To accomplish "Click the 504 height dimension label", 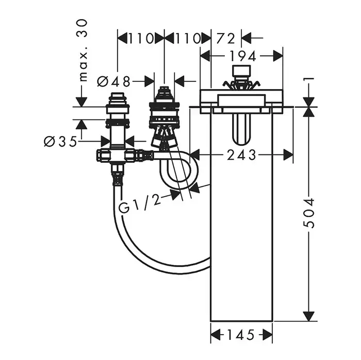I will [308, 212].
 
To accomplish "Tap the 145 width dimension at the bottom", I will [241, 335].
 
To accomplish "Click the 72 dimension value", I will [226, 38].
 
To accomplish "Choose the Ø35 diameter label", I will [60, 141].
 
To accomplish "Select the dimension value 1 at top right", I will [308, 81].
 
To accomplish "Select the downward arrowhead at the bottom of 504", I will [308, 315].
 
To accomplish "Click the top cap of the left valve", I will [118, 96].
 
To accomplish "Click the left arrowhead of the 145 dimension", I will [215, 335].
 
